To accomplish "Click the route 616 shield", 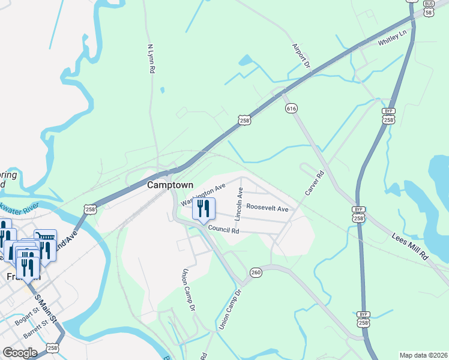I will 291,108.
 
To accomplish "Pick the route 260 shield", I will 256,273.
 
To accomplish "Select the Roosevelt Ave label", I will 268,209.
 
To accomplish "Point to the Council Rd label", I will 224,230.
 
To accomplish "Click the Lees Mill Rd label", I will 411,246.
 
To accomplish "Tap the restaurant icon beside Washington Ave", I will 203,209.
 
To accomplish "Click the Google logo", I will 20,353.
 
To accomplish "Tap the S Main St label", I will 45,307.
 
